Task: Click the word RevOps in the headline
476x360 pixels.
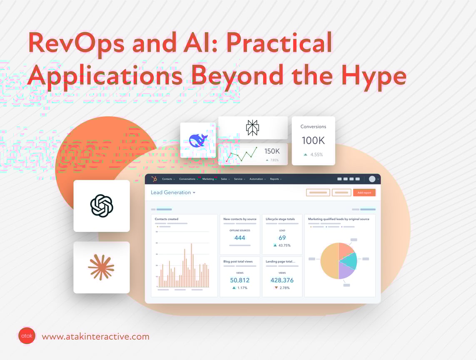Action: pyautogui.click(x=76, y=42)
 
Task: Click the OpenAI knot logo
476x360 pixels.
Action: pyautogui.click(x=102, y=206)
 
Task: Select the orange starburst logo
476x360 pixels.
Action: pyautogui.click(x=101, y=267)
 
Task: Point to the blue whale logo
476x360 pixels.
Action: pyautogui.click(x=198, y=140)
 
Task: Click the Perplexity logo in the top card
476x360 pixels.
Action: pyautogui.click(x=252, y=128)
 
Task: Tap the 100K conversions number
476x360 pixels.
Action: pyautogui.click(x=313, y=140)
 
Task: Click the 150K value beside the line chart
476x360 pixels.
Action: pyautogui.click(x=272, y=151)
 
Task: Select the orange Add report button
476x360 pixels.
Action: pyautogui.click(x=364, y=193)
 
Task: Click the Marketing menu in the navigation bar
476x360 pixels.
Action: pyautogui.click(x=209, y=179)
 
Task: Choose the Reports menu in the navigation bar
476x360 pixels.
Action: pyautogui.click(x=275, y=179)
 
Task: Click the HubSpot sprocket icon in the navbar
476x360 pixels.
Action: pyautogui.click(x=154, y=179)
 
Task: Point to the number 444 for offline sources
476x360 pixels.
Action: pyautogui.click(x=240, y=238)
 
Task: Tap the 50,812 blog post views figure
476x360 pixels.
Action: pyautogui.click(x=240, y=280)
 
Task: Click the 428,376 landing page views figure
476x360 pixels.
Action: pyautogui.click(x=282, y=280)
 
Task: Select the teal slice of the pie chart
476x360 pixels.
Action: pyautogui.click(x=349, y=260)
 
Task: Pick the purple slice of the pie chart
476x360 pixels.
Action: pyautogui.click(x=346, y=271)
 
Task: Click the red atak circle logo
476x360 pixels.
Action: pyautogui.click(x=27, y=335)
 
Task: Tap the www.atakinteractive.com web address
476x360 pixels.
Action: pyautogui.click(x=95, y=336)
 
